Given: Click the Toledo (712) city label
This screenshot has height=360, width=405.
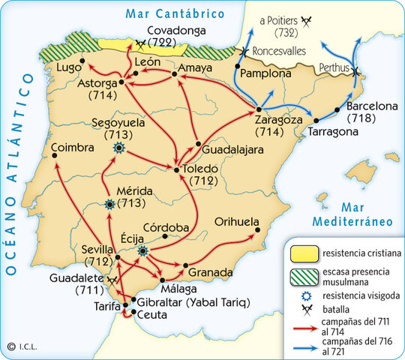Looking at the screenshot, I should (199, 175).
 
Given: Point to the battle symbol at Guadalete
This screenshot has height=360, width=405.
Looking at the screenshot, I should (112, 279).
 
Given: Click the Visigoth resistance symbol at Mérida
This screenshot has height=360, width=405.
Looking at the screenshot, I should (110, 203).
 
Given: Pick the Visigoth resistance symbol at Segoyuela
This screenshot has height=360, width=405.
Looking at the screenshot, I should (118, 149).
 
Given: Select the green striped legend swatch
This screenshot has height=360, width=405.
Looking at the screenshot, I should (302, 274).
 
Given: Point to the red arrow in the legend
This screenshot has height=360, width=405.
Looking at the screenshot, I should (303, 327).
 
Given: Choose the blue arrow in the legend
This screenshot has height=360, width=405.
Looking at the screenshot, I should (303, 346).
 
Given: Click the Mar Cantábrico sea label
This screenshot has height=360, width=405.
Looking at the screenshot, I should (175, 14).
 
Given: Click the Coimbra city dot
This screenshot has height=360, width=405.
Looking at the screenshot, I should (55, 156).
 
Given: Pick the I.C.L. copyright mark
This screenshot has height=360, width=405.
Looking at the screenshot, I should (22, 346).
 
